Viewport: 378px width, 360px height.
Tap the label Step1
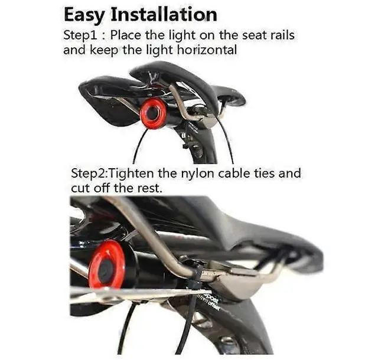79,35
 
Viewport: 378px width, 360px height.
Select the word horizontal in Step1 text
203,50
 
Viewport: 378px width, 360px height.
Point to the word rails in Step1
279,35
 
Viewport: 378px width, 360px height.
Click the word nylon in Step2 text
211,174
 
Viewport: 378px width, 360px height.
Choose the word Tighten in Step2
136,174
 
